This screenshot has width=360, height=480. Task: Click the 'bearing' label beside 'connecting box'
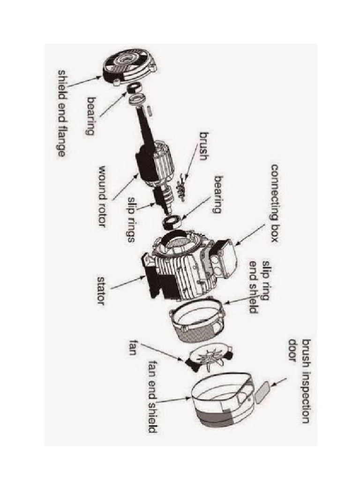(x=217, y=195)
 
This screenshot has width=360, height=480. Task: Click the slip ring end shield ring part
(x=197, y=319)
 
